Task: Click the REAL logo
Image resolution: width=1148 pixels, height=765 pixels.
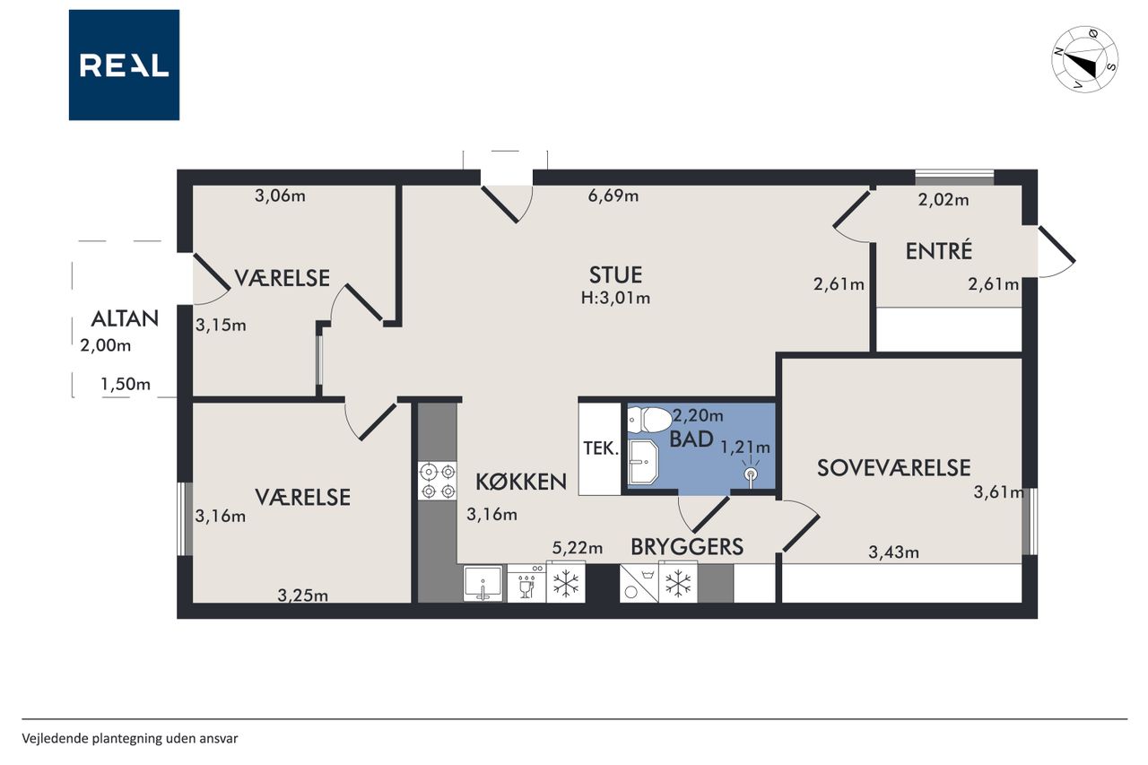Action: tap(124, 65)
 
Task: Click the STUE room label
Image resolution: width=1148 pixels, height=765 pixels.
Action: tap(615, 275)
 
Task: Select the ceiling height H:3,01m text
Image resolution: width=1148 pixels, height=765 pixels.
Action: tap(615, 298)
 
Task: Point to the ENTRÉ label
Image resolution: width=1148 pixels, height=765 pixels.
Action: tap(938, 251)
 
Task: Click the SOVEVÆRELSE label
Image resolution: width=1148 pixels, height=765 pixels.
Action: tap(894, 468)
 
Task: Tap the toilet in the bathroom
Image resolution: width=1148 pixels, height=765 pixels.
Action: tap(649, 420)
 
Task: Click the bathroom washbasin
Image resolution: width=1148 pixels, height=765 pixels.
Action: tap(643, 461)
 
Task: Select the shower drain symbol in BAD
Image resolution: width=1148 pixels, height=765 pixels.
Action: tap(751, 474)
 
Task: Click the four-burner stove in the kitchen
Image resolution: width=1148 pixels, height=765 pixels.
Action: tap(437, 481)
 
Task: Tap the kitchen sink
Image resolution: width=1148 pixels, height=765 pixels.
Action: tap(483, 583)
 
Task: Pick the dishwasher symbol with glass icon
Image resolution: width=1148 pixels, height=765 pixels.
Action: tap(526, 583)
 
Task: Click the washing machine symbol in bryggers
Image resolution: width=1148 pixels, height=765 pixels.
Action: tap(639, 583)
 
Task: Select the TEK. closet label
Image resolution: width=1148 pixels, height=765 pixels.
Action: tap(601, 448)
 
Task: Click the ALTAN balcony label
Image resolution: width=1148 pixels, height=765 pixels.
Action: tap(125, 318)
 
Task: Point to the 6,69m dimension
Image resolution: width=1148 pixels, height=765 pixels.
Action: tap(613, 196)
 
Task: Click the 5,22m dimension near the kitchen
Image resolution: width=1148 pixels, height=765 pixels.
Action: tap(577, 548)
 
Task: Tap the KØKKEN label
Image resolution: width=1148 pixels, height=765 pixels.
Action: tap(521, 482)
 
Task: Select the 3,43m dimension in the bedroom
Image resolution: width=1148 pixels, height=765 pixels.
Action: tap(894, 552)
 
